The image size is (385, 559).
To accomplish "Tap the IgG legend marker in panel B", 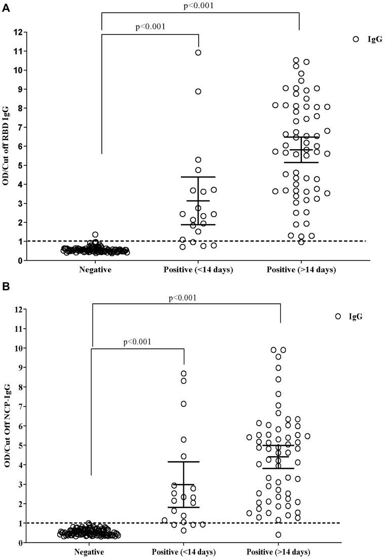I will tap(338, 316).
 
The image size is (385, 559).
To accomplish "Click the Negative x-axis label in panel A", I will tap(95, 270).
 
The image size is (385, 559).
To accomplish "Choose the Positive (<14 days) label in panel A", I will tap(198, 270).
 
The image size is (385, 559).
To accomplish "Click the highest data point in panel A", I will tap(199, 52).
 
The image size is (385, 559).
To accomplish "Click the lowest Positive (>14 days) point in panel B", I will tap(278, 535).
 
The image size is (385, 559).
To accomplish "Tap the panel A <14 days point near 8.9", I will tap(199, 91).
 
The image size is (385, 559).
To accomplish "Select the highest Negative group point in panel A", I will tap(95, 234).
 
